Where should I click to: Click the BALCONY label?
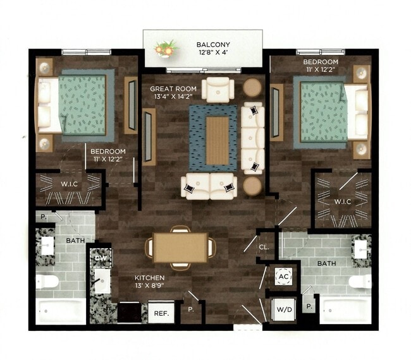pyautogui.click(x=213, y=44)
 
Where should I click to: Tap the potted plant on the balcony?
pyautogui.click(x=166, y=49)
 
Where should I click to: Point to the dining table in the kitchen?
pyautogui.click(x=180, y=247)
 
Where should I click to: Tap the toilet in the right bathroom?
pyautogui.click(x=360, y=281)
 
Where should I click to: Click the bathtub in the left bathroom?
pyautogui.click(x=60, y=311)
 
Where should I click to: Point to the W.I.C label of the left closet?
pyautogui.click(x=68, y=184)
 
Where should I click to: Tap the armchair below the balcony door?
pyautogui.click(x=218, y=88)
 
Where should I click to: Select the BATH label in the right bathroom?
pyautogui.click(x=326, y=263)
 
